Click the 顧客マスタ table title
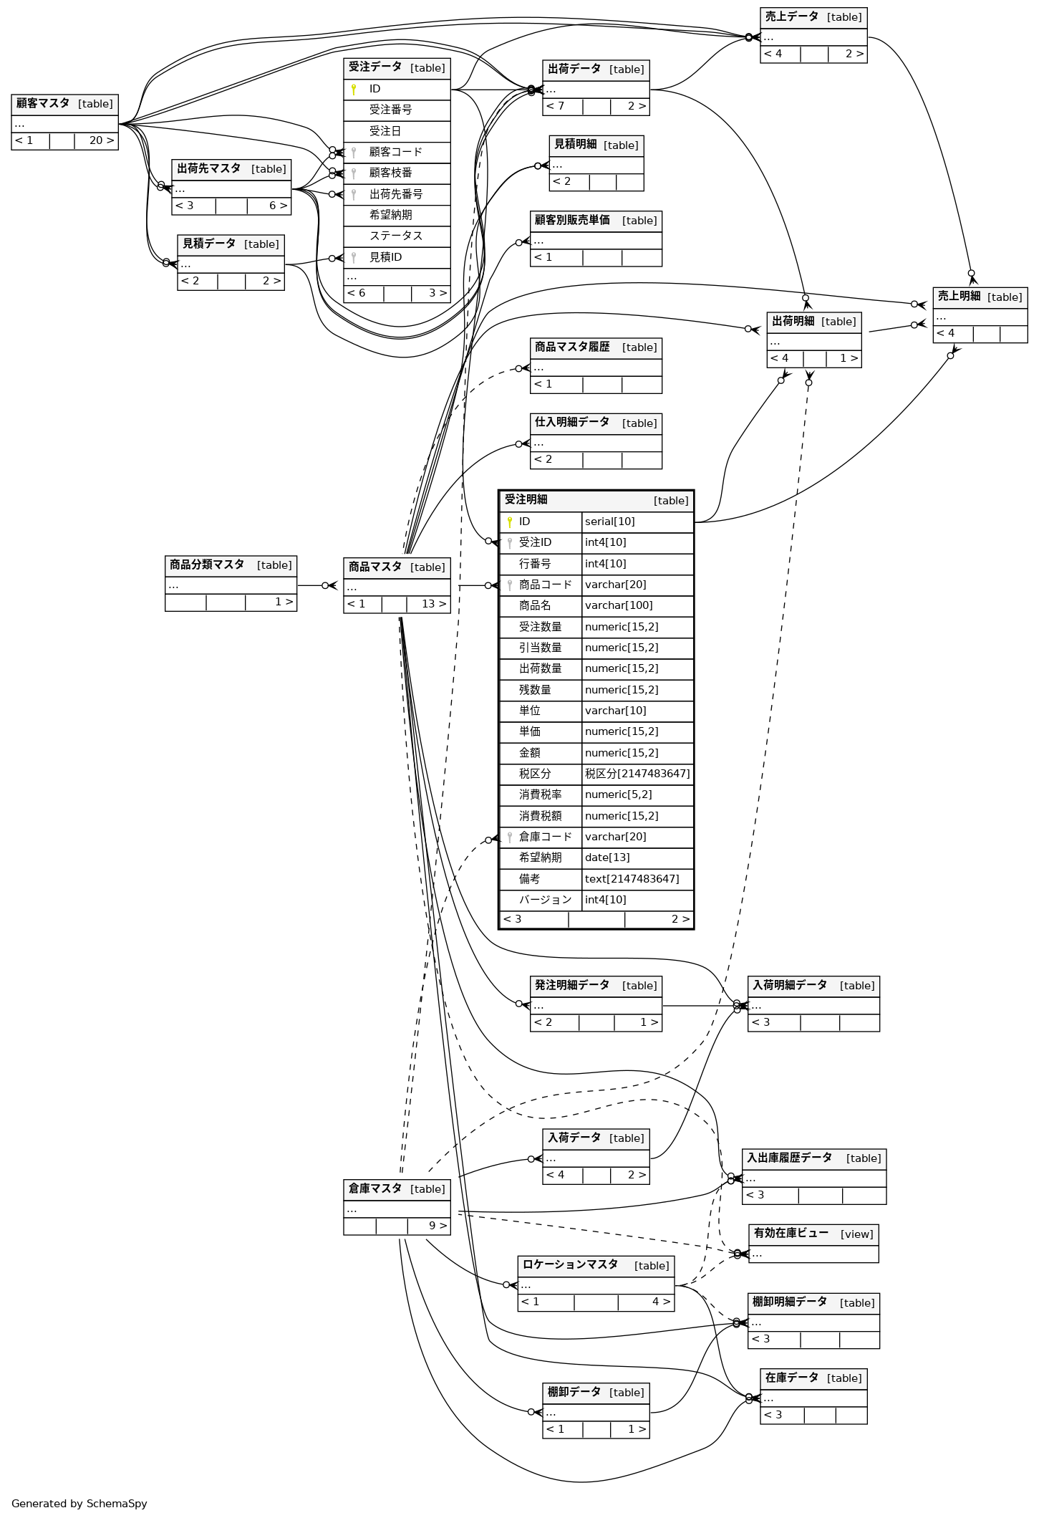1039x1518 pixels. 43,104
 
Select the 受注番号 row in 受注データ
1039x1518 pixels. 390,110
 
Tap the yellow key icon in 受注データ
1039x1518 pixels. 354,90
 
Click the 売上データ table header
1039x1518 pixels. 791,17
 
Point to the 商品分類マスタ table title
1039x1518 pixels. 207,565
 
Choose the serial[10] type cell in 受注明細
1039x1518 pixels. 610,522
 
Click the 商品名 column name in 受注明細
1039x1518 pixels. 535,605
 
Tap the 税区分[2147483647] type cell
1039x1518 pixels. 637,774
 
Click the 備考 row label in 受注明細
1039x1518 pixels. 530,879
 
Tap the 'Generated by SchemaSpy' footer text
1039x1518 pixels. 79,1503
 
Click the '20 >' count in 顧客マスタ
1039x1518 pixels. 101,140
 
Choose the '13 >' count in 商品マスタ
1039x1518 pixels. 433,604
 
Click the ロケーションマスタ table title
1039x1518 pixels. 570,1265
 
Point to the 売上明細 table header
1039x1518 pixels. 959,297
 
